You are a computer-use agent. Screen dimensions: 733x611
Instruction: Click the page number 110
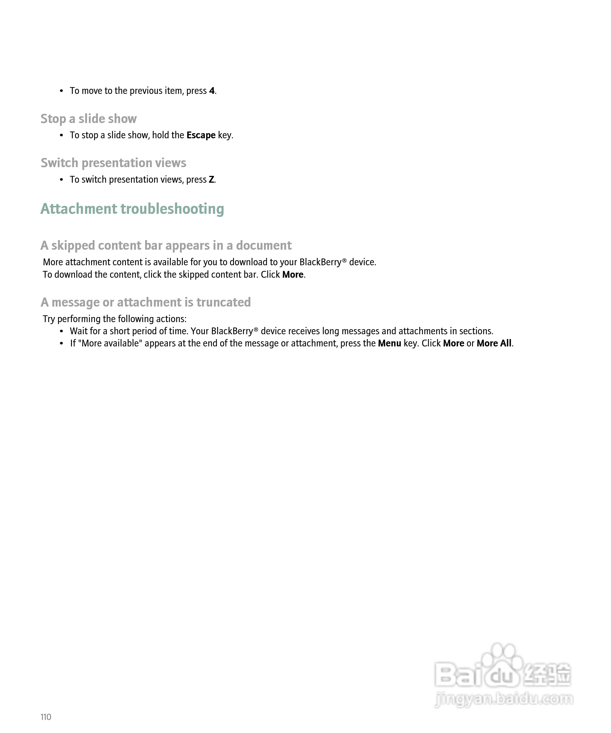pyautogui.click(x=46, y=717)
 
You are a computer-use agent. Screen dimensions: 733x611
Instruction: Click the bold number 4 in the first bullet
pyautogui.click(x=212, y=91)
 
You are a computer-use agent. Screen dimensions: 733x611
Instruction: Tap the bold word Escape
pyautogui.click(x=201, y=135)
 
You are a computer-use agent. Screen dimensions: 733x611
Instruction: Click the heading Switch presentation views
pyautogui.click(x=113, y=163)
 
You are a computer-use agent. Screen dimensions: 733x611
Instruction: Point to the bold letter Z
pyautogui.click(x=211, y=179)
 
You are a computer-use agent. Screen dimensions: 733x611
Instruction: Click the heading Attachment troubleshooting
pyautogui.click(x=132, y=209)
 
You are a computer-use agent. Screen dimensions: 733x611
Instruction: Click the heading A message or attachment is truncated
pyautogui.click(x=146, y=302)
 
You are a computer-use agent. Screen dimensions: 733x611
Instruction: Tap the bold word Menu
pyautogui.click(x=389, y=344)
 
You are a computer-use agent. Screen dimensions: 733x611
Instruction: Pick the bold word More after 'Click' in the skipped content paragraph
pyautogui.click(x=292, y=275)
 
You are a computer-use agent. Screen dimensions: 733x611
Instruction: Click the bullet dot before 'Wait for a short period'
pyautogui.click(x=61, y=331)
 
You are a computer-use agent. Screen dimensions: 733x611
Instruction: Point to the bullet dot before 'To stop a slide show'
pyautogui.click(x=61, y=135)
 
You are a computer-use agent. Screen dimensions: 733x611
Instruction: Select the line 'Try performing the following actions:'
pyautogui.click(x=115, y=319)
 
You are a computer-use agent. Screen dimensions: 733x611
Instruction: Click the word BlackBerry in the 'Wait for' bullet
pyautogui.click(x=232, y=331)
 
